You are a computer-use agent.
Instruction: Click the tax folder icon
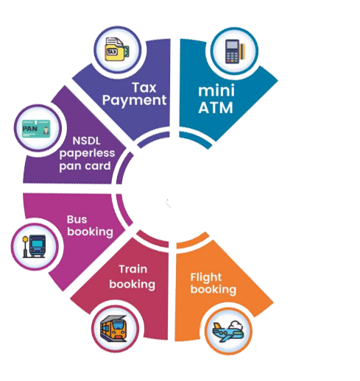[x=117, y=49]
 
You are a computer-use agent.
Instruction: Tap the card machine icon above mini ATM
[x=235, y=51]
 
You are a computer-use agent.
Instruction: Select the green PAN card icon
[x=36, y=128]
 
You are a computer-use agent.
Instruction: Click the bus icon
[x=34, y=246]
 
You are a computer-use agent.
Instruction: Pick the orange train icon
[x=114, y=328]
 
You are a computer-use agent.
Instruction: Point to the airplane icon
[x=228, y=331]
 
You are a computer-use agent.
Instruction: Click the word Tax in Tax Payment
[x=144, y=88]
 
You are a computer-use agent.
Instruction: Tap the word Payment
[x=134, y=101]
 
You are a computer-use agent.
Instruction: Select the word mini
[x=216, y=90]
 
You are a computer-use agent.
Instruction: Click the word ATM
[x=216, y=107]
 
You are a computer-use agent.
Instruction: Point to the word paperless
[x=87, y=154]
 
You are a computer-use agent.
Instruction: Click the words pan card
[x=85, y=166]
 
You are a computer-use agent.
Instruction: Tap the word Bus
[x=77, y=219]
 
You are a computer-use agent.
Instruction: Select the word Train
[x=133, y=269]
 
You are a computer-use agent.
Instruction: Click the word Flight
[x=206, y=278]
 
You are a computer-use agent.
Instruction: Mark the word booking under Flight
[x=213, y=290]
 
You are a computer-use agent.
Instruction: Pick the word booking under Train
[x=133, y=285]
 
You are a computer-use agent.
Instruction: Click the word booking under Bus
[x=90, y=232]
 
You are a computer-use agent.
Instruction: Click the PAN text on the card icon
[x=30, y=129]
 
